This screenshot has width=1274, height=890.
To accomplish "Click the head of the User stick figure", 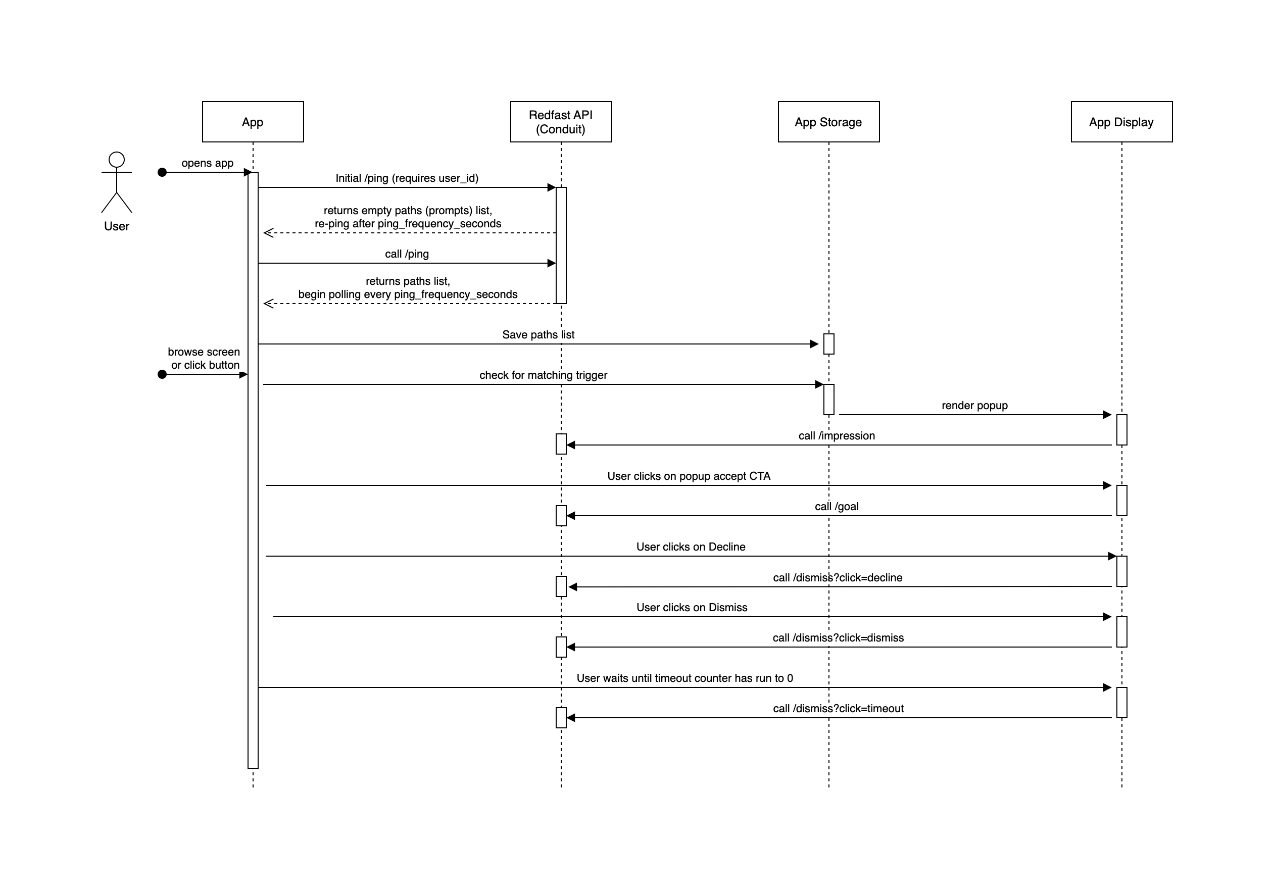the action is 117,160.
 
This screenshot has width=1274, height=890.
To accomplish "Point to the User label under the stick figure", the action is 117,226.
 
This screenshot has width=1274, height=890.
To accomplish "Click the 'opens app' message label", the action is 208,163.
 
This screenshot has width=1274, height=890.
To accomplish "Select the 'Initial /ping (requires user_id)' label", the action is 407,178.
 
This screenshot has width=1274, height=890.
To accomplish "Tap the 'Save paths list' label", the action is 538,334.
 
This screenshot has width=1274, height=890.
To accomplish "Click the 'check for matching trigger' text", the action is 543,375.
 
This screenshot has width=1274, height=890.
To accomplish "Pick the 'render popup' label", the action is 974,406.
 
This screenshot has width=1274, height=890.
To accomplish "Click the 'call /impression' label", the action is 837,435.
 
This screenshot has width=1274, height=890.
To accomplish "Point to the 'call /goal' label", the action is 837,507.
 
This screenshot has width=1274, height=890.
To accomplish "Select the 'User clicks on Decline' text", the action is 691,547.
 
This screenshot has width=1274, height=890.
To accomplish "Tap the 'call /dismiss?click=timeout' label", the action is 839,709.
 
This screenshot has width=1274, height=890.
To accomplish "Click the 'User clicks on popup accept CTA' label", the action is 689,476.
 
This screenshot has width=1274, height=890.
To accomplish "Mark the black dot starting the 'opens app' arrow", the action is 162,173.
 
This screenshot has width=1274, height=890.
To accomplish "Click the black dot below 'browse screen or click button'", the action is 162,374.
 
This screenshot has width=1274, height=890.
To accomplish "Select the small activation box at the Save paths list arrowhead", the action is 829,344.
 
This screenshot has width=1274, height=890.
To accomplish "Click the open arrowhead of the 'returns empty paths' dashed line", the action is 269,233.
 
